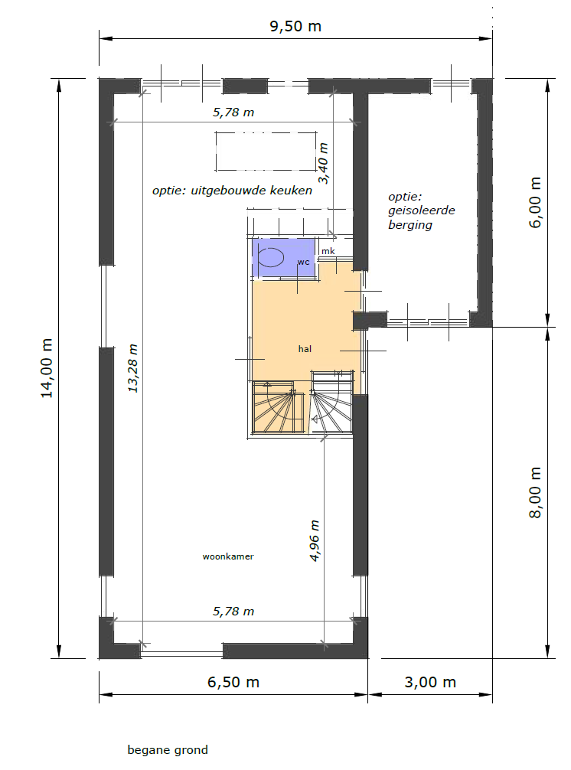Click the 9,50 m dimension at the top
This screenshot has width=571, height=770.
[295, 26]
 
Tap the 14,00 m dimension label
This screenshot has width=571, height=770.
[47, 368]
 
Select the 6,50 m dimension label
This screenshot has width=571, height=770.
[233, 682]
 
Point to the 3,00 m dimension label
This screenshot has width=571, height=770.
[430, 682]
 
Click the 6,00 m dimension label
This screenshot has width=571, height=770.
[535, 202]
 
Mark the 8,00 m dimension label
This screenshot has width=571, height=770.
[535, 493]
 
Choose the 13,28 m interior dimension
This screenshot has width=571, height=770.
[132, 368]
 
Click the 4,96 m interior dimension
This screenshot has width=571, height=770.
[315, 540]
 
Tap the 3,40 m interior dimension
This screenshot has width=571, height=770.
[323, 164]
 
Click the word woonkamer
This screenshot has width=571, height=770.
[228, 556]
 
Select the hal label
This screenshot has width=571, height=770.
[305, 349]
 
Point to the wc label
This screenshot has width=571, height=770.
[303, 263]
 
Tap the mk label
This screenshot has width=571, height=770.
[328, 251]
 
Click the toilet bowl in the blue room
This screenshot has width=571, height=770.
[272, 257]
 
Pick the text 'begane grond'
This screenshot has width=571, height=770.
[168, 750]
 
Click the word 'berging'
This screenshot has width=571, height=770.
[410, 225]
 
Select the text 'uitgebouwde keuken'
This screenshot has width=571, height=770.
[251, 191]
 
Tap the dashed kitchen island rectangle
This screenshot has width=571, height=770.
[266, 152]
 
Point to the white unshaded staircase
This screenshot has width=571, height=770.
[331, 403]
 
